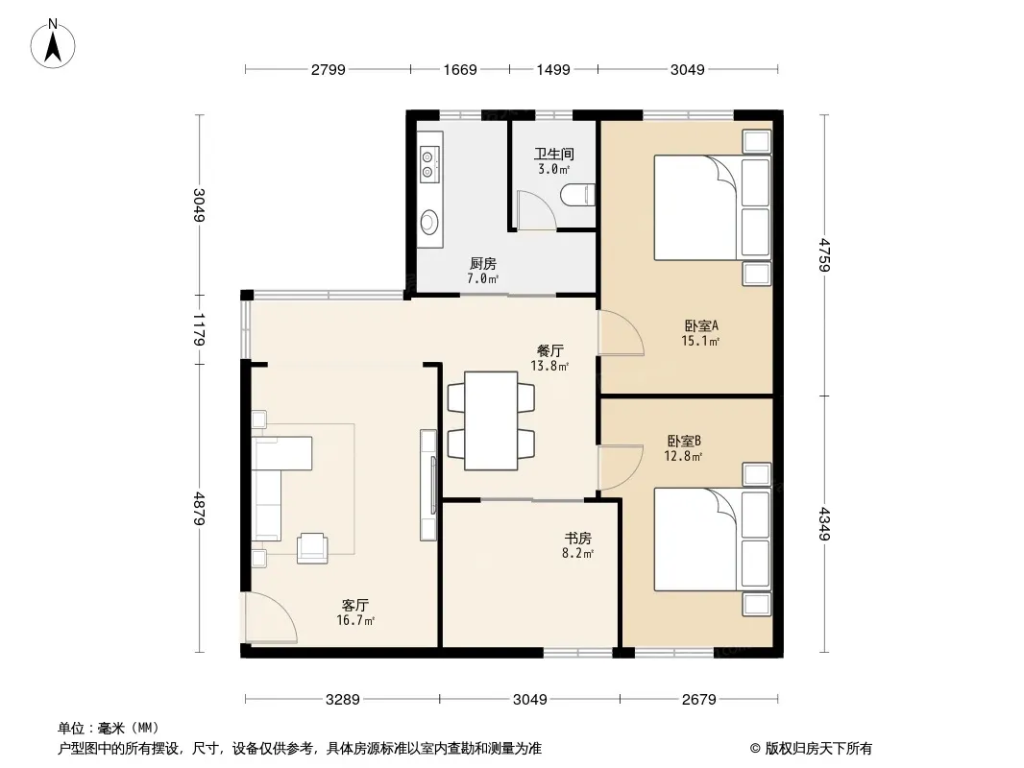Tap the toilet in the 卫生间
click(578, 195)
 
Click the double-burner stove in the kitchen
click(428, 164)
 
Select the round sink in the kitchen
click(428, 222)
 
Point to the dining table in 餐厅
click(491, 420)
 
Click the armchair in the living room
click(312, 548)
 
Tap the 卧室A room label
click(701, 324)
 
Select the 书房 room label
click(578, 539)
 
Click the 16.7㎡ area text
click(355, 620)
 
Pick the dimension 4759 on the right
click(824, 255)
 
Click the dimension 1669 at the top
click(460, 69)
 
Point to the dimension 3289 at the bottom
click(342, 700)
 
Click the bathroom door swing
click(535, 209)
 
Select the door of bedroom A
click(622, 333)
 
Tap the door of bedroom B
click(622, 468)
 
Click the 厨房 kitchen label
click(483, 264)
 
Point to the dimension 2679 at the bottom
click(698, 700)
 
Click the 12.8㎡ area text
click(683, 457)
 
